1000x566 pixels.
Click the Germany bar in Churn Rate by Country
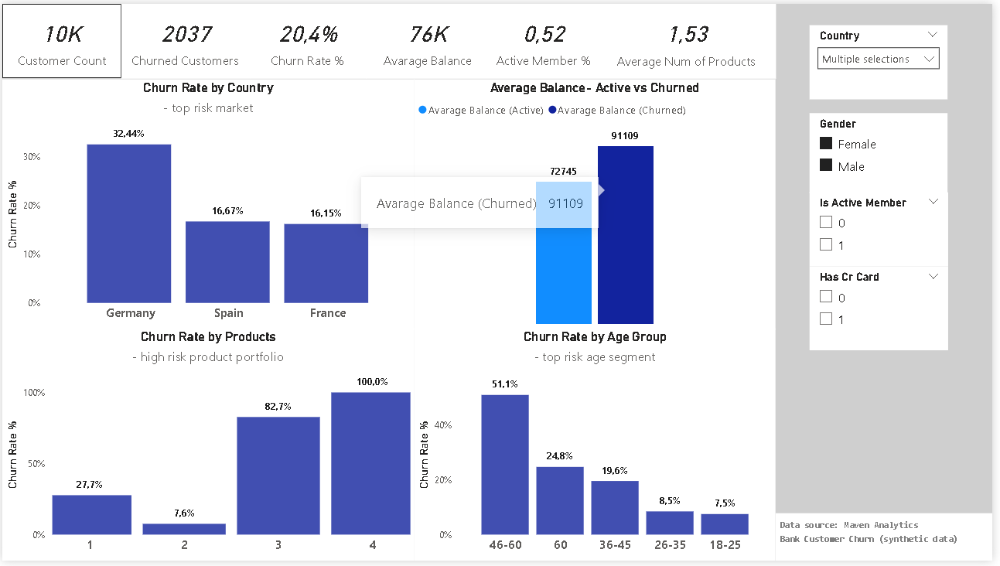coord(128,223)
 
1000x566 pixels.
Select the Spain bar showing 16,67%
coord(227,262)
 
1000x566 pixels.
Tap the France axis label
coord(328,313)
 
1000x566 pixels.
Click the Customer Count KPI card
coord(62,42)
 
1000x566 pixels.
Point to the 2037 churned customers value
coord(185,35)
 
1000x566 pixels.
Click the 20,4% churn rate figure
coord(308,35)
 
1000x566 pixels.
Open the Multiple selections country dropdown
coord(878,59)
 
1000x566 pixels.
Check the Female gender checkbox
coord(826,144)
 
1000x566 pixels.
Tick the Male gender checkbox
coord(826,165)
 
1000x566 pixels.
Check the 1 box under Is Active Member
coord(826,244)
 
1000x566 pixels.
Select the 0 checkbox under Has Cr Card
coord(826,297)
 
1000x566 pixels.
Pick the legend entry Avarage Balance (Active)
coord(480,110)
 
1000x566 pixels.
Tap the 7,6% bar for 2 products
coord(184,529)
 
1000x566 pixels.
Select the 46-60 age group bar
coord(504,464)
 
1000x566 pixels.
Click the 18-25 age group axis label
coord(724,545)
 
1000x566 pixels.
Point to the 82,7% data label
coord(277,406)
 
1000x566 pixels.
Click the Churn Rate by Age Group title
coord(594,336)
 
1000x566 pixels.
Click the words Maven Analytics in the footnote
coord(880,525)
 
